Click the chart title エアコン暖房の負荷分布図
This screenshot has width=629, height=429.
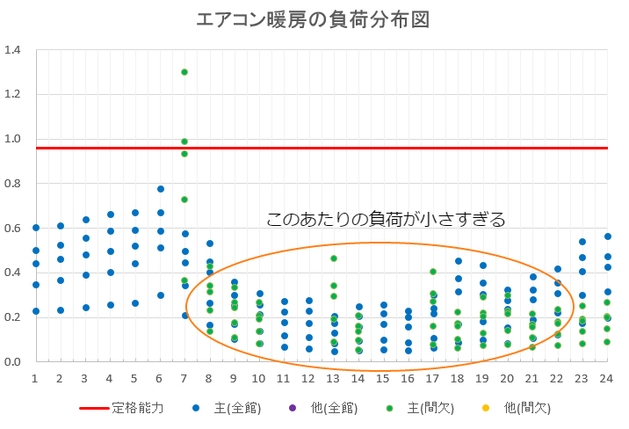pos(314,20)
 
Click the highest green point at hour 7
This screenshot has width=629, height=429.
pos(184,72)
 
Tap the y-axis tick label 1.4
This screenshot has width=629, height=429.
pos(13,50)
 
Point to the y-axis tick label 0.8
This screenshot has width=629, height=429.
pos(13,184)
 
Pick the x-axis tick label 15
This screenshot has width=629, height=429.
pos(383,378)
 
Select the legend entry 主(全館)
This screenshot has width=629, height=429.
pos(225,409)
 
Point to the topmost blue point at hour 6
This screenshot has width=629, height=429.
pos(160,189)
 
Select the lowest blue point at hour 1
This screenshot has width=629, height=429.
pos(36,310)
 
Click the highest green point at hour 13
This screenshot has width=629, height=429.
pos(334,258)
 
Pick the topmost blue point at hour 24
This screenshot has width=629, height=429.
pos(607,236)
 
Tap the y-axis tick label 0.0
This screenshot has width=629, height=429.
pos(13,361)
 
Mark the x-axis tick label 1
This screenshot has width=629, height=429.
pos(36,378)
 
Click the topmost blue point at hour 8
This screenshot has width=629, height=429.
pos(210,244)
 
